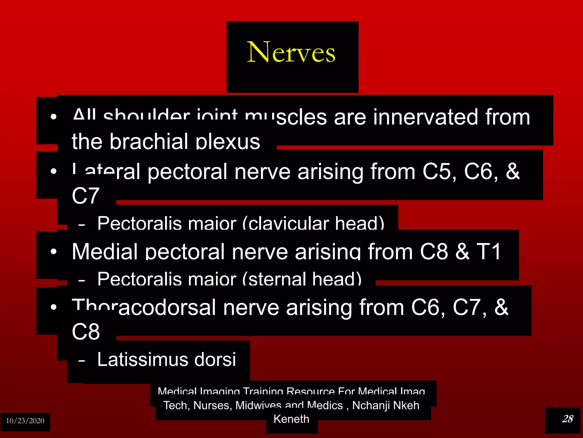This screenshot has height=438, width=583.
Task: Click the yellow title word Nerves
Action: [291, 52]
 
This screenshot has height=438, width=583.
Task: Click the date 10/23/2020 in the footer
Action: [25, 421]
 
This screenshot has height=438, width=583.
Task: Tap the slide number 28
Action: [567, 419]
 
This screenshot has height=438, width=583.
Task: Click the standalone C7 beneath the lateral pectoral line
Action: [85, 196]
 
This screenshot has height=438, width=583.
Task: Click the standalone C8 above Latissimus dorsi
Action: [85, 332]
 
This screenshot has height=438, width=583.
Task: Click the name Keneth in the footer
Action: [291, 419]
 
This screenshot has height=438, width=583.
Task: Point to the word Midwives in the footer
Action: [258, 405]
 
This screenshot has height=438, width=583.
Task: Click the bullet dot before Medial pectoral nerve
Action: [54, 252]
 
